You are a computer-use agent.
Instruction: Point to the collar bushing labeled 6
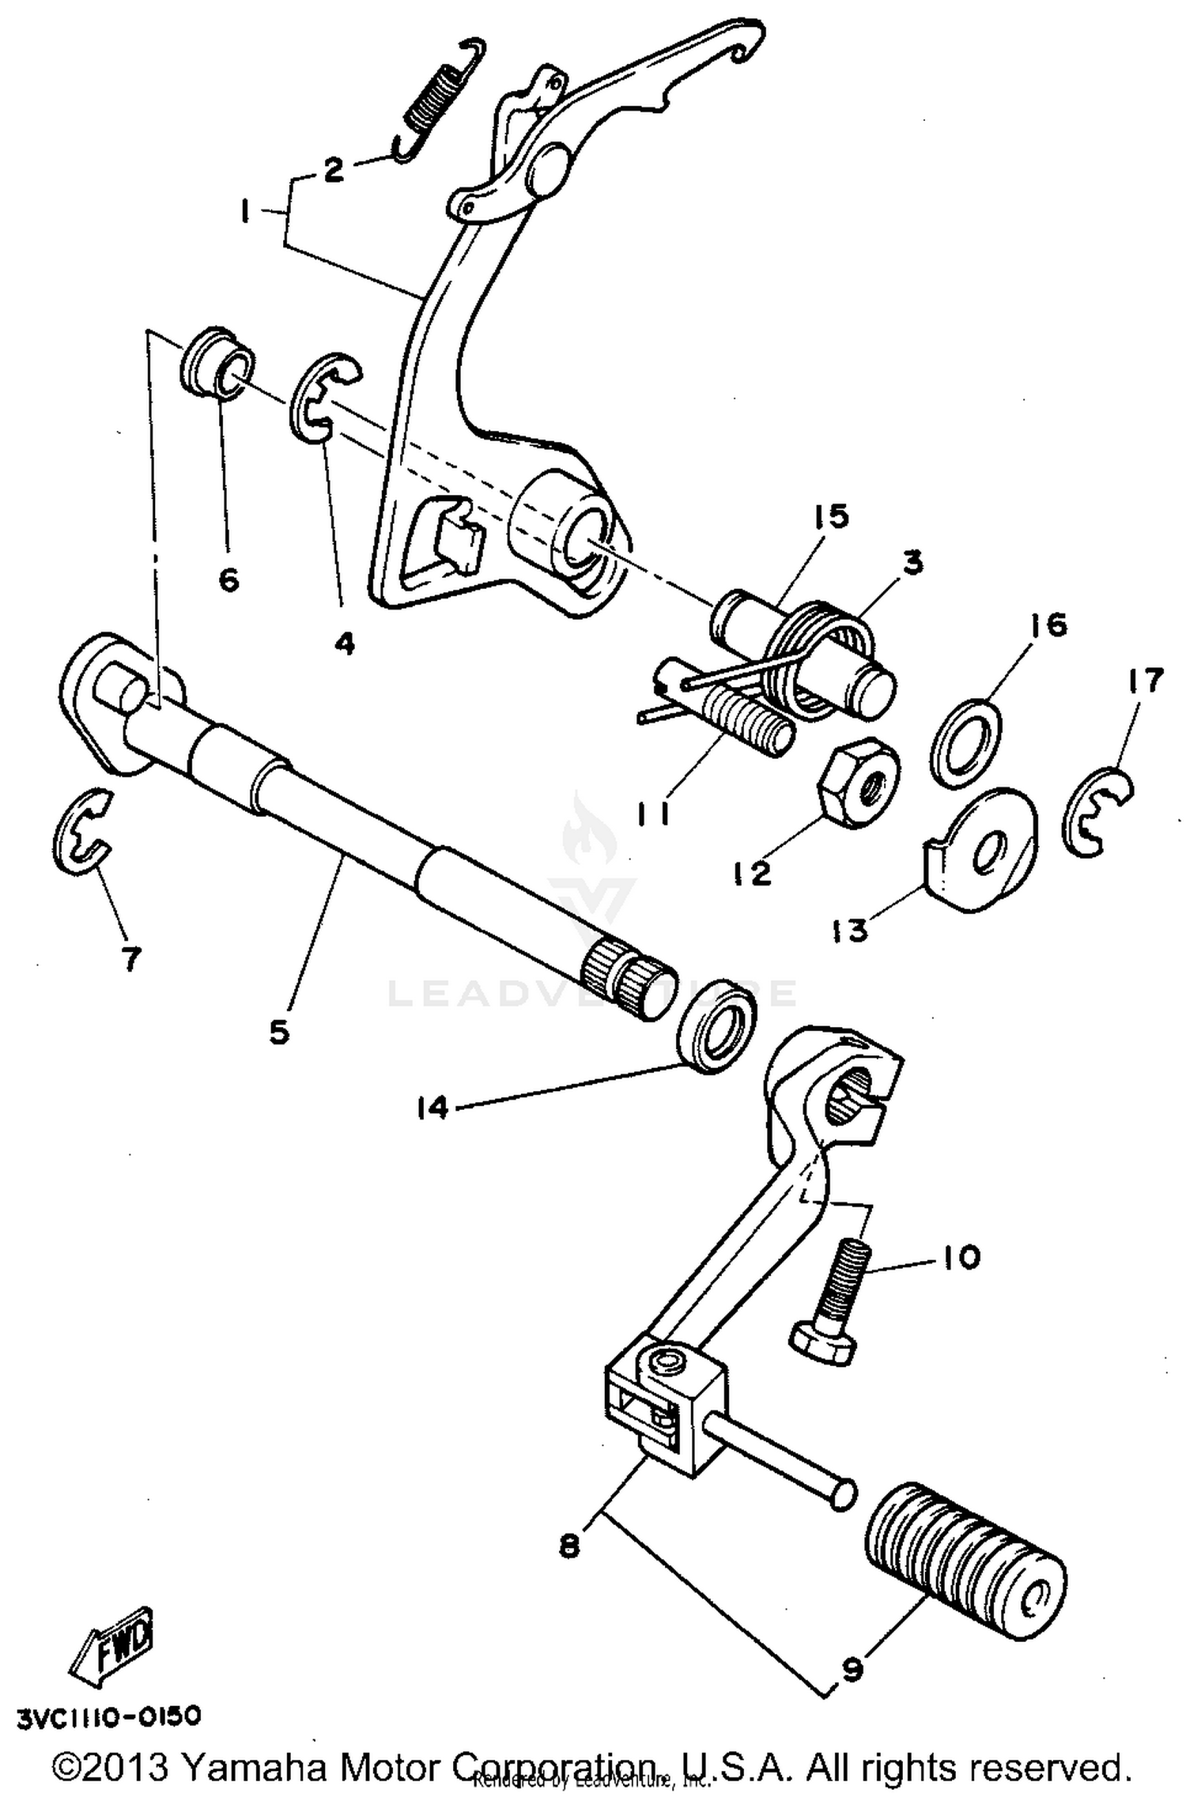(219, 361)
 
